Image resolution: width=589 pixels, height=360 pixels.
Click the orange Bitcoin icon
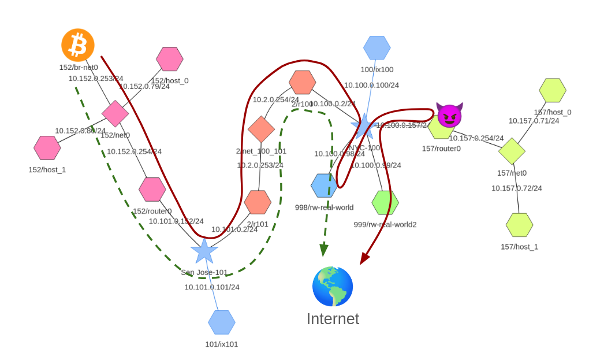[x=78, y=45]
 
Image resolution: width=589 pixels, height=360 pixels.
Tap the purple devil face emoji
[x=449, y=116]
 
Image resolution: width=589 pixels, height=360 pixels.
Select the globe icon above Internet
[x=333, y=287]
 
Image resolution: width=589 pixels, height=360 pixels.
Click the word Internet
[x=333, y=319]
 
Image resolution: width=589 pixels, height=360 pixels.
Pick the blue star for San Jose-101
[x=204, y=251]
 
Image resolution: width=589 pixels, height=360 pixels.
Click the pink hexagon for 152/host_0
[x=170, y=59]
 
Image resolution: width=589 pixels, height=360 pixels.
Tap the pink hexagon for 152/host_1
[x=47, y=148]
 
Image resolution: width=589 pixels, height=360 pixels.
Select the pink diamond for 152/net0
[x=115, y=114]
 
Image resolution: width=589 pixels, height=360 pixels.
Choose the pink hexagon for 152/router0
[x=152, y=190]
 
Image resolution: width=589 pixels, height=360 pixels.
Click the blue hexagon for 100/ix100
[x=377, y=48]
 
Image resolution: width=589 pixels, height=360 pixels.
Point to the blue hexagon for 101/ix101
[x=222, y=322]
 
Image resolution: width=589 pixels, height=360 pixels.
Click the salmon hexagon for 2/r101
[x=258, y=202]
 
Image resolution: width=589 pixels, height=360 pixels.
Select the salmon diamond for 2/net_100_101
[x=261, y=129]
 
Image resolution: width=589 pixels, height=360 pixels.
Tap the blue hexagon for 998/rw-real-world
[x=324, y=185]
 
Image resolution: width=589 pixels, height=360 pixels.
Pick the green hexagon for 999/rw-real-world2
[x=385, y=203]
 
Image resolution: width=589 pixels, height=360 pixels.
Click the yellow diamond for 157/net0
[x=512, y=151]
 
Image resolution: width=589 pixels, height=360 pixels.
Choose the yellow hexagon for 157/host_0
[x=553, y=90]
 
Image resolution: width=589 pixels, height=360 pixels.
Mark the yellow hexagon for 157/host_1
[x=519, y=225]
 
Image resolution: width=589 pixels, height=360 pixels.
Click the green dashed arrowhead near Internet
[x=324, y=250]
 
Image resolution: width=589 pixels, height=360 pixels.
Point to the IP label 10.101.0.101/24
[x=212, y=287]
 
